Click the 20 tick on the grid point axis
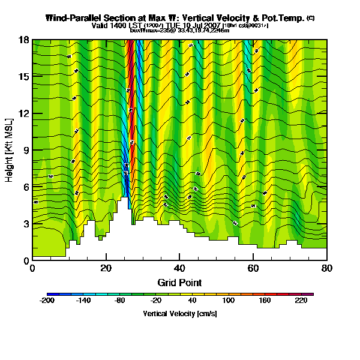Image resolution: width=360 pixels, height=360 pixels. coord(106,268)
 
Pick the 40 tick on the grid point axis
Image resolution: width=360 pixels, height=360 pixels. coord(179,268)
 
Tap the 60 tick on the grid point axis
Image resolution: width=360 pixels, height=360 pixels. coord(253,268)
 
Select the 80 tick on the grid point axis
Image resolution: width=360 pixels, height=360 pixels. coord(326,268)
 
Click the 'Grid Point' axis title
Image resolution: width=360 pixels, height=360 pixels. coord(179,282)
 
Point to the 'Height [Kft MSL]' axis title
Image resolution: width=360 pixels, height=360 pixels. coord(10,150)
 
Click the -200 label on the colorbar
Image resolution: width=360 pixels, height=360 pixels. coord(47,300)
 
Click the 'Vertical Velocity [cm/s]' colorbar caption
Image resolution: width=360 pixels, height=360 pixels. coord(179,313)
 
